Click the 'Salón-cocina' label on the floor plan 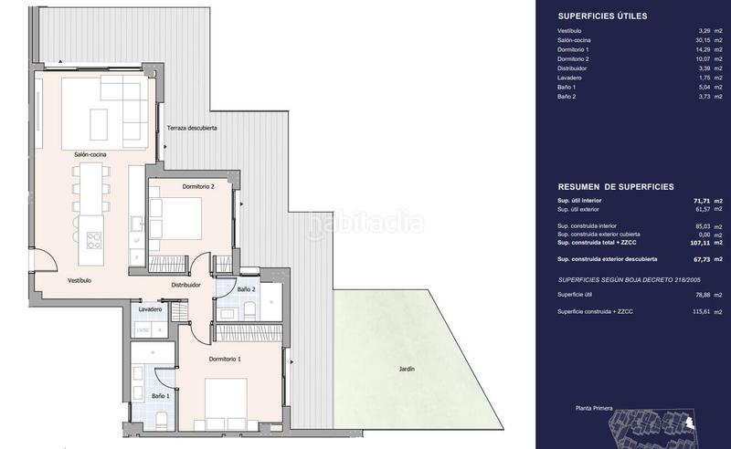click(90, 155)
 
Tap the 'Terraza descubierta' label click(192, 129)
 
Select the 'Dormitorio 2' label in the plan click(198, 186)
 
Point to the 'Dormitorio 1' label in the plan click(225, 359)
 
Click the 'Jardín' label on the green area click(407, 369)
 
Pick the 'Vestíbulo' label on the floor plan click(79, 280)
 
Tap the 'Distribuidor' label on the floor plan click(185, 285)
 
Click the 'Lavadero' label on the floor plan click(151, 309)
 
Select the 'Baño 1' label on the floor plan click(159, 396)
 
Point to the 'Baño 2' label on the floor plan click(245, 289)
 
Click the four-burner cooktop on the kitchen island click(94, 240)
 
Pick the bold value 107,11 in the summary click(701, 244)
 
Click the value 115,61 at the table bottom click(701, 312)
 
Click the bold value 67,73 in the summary click(702, 260)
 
